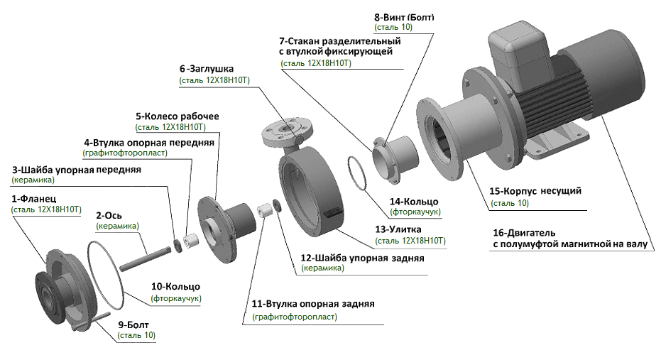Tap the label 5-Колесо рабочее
pos(177,116)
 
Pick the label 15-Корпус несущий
pos(536,191)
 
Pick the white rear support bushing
pos(265,211)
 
